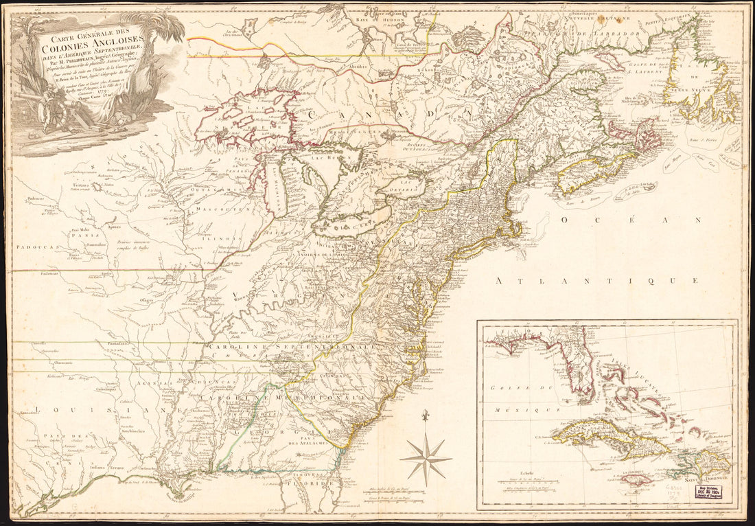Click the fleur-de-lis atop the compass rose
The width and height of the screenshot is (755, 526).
tap(426, 416)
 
